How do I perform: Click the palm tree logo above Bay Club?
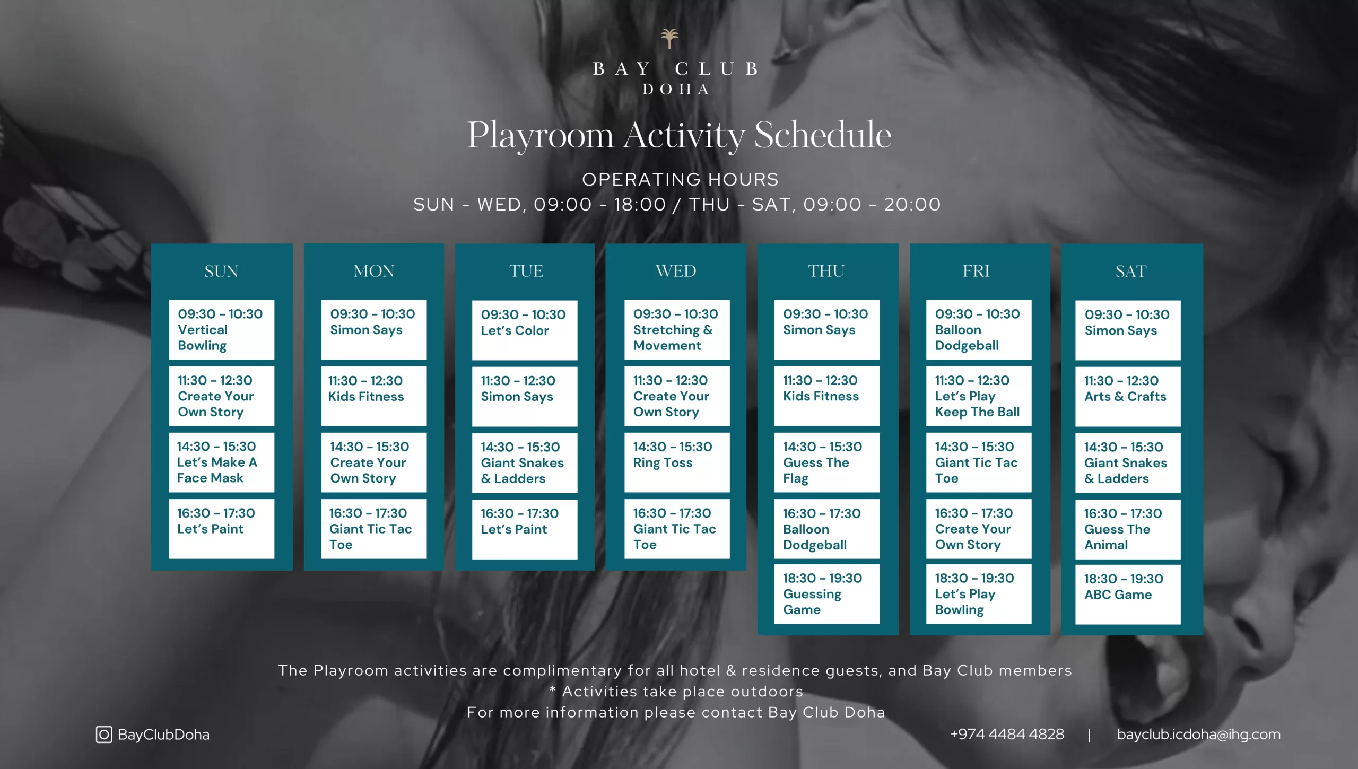tap(669, 39)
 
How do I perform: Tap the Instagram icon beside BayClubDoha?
tap(104, 735)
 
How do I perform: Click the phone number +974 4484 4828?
tap(1007, 734)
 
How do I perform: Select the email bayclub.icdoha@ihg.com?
tap(1198, 735)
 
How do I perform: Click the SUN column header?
tap(221, 272)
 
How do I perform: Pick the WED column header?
tap(676, 271)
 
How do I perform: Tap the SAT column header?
tap(1131, 272)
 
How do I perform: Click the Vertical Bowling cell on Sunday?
tap(222, 330)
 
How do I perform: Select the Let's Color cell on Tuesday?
tap(525, 330)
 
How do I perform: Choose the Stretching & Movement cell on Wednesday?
tap(677, 330)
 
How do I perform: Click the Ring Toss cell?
tap(677, 462)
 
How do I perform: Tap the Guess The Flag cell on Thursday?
tap(826, 462)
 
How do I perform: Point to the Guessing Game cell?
tap(826, 594)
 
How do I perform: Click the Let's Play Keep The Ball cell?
tap(979, 396)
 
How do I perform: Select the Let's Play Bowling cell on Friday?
tap(979, 594)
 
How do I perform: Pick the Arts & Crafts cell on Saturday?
tap(1128, 397)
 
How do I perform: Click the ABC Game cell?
tap(1128, 595)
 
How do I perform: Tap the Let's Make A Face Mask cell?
tap(222, 462)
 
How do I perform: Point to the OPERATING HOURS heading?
tap(680, 180)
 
